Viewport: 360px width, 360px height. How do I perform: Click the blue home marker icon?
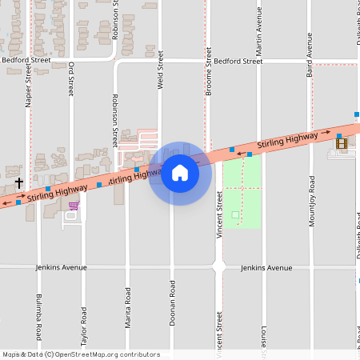[x=180, y=172]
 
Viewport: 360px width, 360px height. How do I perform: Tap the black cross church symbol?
[x=18, y=182]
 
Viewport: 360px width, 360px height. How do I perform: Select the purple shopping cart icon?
[x=74, y=206]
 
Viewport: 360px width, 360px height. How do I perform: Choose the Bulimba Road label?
[x=38, y=314]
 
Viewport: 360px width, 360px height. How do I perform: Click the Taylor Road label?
[x=83, y=324]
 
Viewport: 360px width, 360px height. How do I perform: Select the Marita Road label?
[x=127, y=304]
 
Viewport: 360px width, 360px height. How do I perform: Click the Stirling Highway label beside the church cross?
[x=56, y=192]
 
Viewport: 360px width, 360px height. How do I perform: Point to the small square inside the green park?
[x=234, y=214]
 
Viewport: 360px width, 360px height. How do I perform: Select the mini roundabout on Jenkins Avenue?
[x=218, y=267]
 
